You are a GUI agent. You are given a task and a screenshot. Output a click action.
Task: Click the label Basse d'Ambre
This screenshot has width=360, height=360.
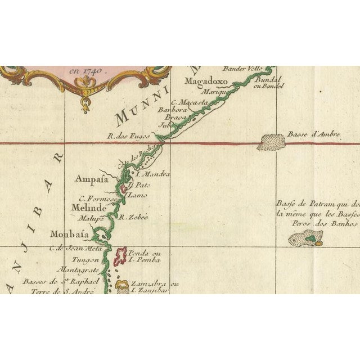tap(314, 134)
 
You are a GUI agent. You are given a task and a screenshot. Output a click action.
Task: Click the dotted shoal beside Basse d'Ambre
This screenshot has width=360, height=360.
tap(271, 141)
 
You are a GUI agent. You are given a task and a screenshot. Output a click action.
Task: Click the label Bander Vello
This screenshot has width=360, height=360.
tap(241, 69)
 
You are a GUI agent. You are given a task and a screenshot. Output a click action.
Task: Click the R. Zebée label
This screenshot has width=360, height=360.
tap(135, 217)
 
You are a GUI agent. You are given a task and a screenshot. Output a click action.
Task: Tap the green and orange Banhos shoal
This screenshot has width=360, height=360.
tap(305, 240)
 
